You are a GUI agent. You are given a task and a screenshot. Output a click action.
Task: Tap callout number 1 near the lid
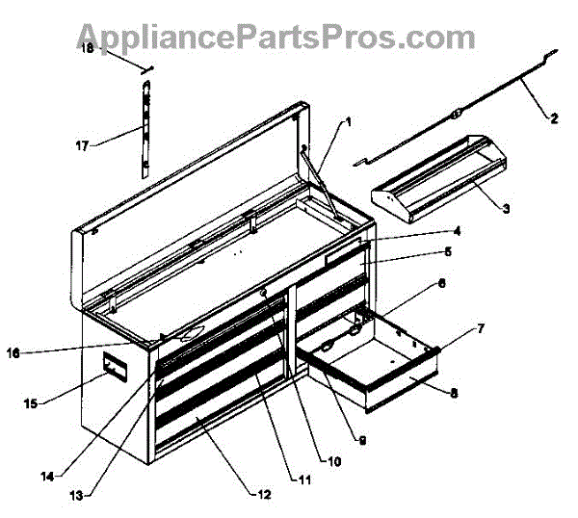pyautogui.click(x=348, y=122)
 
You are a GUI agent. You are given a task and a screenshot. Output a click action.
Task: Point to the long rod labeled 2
pyautogui.click(x=453, y=115)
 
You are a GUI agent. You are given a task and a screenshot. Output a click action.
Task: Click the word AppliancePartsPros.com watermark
pyautogui.click(x=276, y=37)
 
